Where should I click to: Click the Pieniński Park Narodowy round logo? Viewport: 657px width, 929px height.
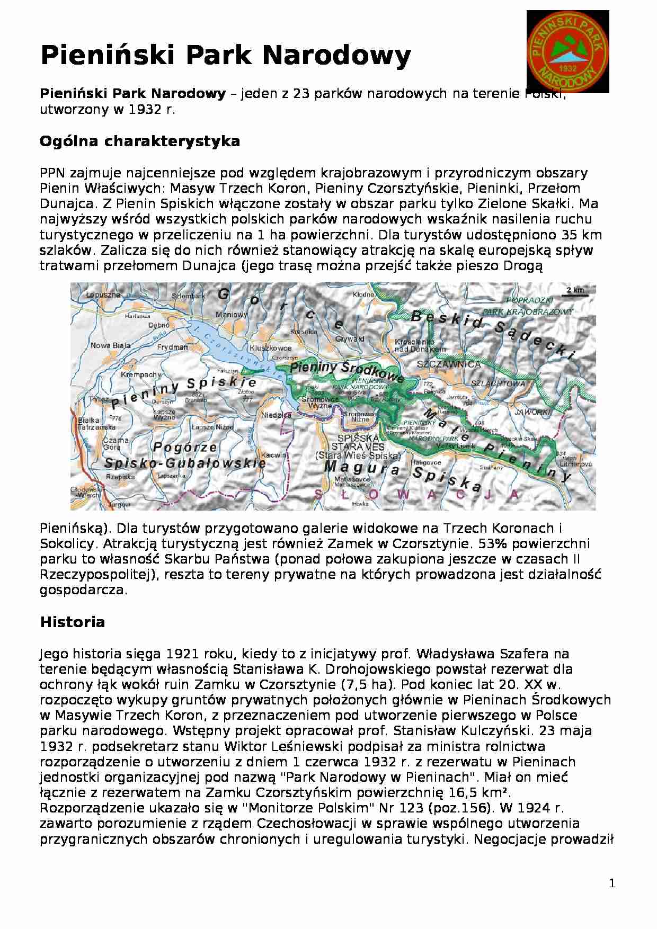pos(567,51)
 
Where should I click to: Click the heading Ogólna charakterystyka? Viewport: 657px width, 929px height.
pos(140,141)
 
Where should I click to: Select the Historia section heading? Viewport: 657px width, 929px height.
pos(73,622)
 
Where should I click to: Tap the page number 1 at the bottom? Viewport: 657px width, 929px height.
pos(612,883)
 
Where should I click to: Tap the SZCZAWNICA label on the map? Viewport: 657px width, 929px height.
pos(449,364)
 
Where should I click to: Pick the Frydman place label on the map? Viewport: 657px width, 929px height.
pos(173,347)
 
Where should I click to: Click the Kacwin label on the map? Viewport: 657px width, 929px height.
pos(274,454)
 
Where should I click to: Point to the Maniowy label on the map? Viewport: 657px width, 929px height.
pos(232,315)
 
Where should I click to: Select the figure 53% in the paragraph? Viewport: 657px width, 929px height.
pos(490,544)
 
